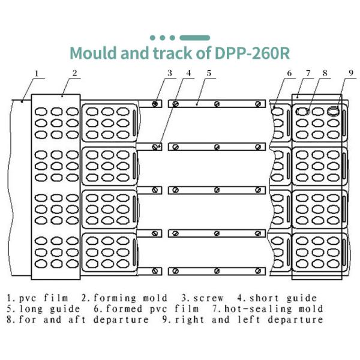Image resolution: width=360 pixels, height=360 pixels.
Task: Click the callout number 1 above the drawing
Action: [x=36, y=74]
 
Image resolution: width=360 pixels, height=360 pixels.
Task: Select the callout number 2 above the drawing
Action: [x=74, y=74]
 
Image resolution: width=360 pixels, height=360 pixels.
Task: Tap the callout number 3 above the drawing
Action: [x=170, y=74]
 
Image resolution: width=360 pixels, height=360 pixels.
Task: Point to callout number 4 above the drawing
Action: [x=189, y=74]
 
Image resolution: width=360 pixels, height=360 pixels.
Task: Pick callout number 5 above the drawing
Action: [x=208, y=74]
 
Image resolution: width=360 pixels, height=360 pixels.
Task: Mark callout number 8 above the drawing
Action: [x=325, y=74]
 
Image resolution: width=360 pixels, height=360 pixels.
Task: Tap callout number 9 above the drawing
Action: [x=350, y=74]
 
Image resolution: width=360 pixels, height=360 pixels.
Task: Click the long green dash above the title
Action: [x=194, y=38]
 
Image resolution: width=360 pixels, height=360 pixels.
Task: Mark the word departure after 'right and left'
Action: [x=295, y=320]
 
